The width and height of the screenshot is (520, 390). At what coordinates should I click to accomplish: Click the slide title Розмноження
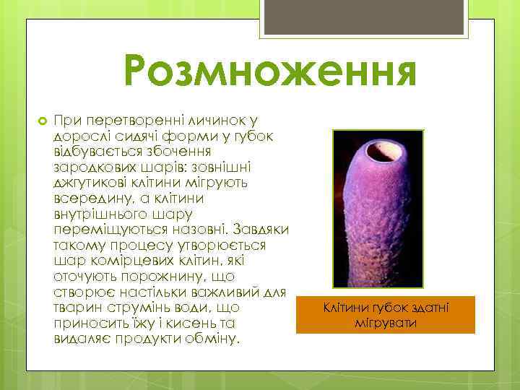[270, 72]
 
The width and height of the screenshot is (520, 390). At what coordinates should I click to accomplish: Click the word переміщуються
[102, 230]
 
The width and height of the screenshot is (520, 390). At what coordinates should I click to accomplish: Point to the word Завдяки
[261, 230]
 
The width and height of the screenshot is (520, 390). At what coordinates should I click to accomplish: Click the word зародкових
[90, 166]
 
